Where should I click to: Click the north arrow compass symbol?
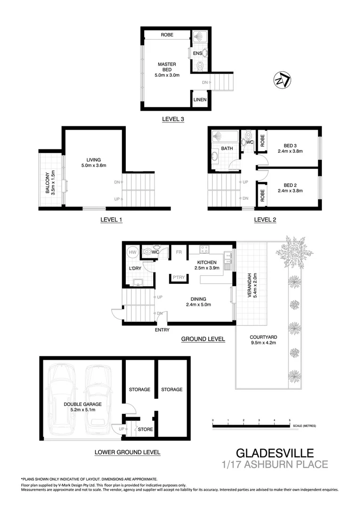click(282, 80)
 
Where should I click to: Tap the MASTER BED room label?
click(167, 67)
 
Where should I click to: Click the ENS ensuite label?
click(197, 54)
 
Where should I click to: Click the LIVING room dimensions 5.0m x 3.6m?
click(93, 165)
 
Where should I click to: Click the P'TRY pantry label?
click(178, 278)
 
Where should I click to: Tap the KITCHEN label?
click(207, 263)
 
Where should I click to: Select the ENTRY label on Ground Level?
click(162, 330)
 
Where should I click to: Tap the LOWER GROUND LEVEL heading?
click(127, 452)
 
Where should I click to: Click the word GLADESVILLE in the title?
click(274, 453)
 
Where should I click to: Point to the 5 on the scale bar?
click(289, 419)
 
